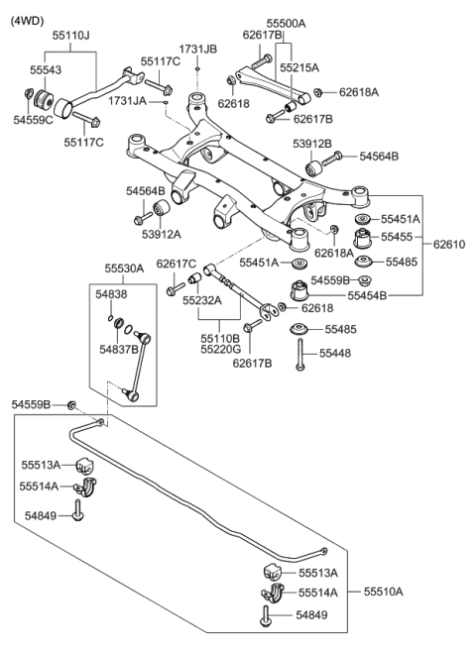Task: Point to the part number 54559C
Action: (x=33, y=119)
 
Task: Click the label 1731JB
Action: (x=198, y=48)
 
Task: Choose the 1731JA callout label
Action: (x=128, y=101)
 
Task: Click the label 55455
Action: (x=401, y=238)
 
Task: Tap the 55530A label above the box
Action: (x=125, y=269)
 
